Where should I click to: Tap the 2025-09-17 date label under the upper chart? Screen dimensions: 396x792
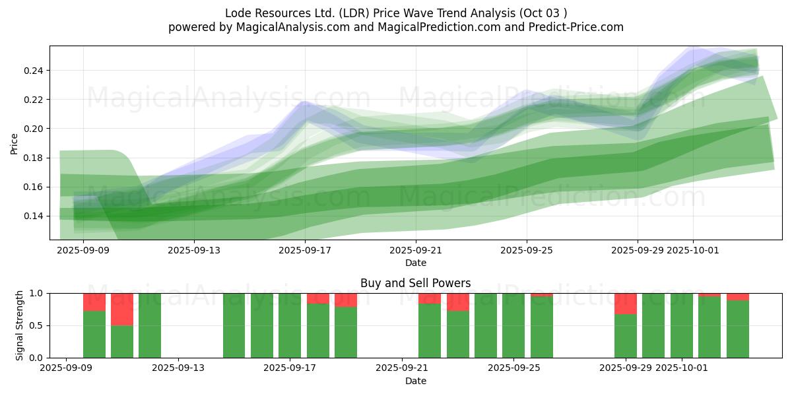point(305,250)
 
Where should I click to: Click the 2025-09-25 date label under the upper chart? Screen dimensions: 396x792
point(527,250)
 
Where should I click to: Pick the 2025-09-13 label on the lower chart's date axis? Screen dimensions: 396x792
point(178,368)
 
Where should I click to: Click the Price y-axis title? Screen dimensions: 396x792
point(15,143)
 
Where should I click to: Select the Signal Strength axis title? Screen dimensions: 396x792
point(20,325)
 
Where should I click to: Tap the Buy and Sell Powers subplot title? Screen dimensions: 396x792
point(415,283)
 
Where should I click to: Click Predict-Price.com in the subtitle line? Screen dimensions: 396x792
point(572,27)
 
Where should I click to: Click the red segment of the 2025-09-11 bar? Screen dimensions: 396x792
point(122,309)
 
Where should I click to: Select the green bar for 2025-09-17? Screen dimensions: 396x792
point(290,325)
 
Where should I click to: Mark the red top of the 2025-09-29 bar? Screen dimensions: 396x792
point(626,303)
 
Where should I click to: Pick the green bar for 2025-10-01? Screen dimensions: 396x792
point(682,325)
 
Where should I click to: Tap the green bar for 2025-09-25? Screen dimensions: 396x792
point(513,325)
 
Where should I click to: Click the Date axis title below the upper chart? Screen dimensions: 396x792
point(415,263)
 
